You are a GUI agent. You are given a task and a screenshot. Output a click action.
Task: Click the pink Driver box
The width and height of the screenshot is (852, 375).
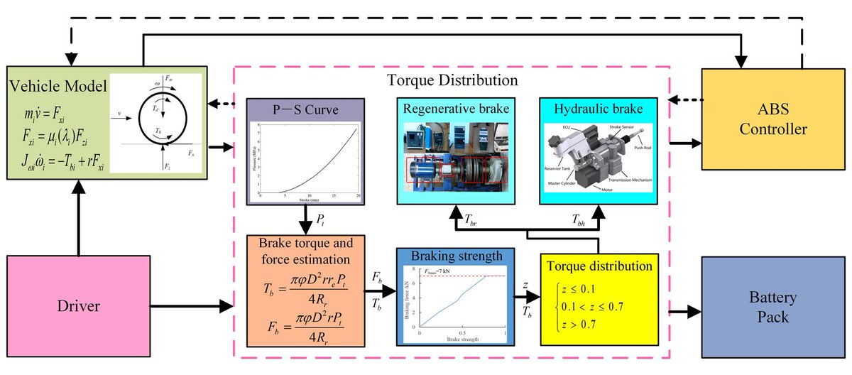79,307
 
